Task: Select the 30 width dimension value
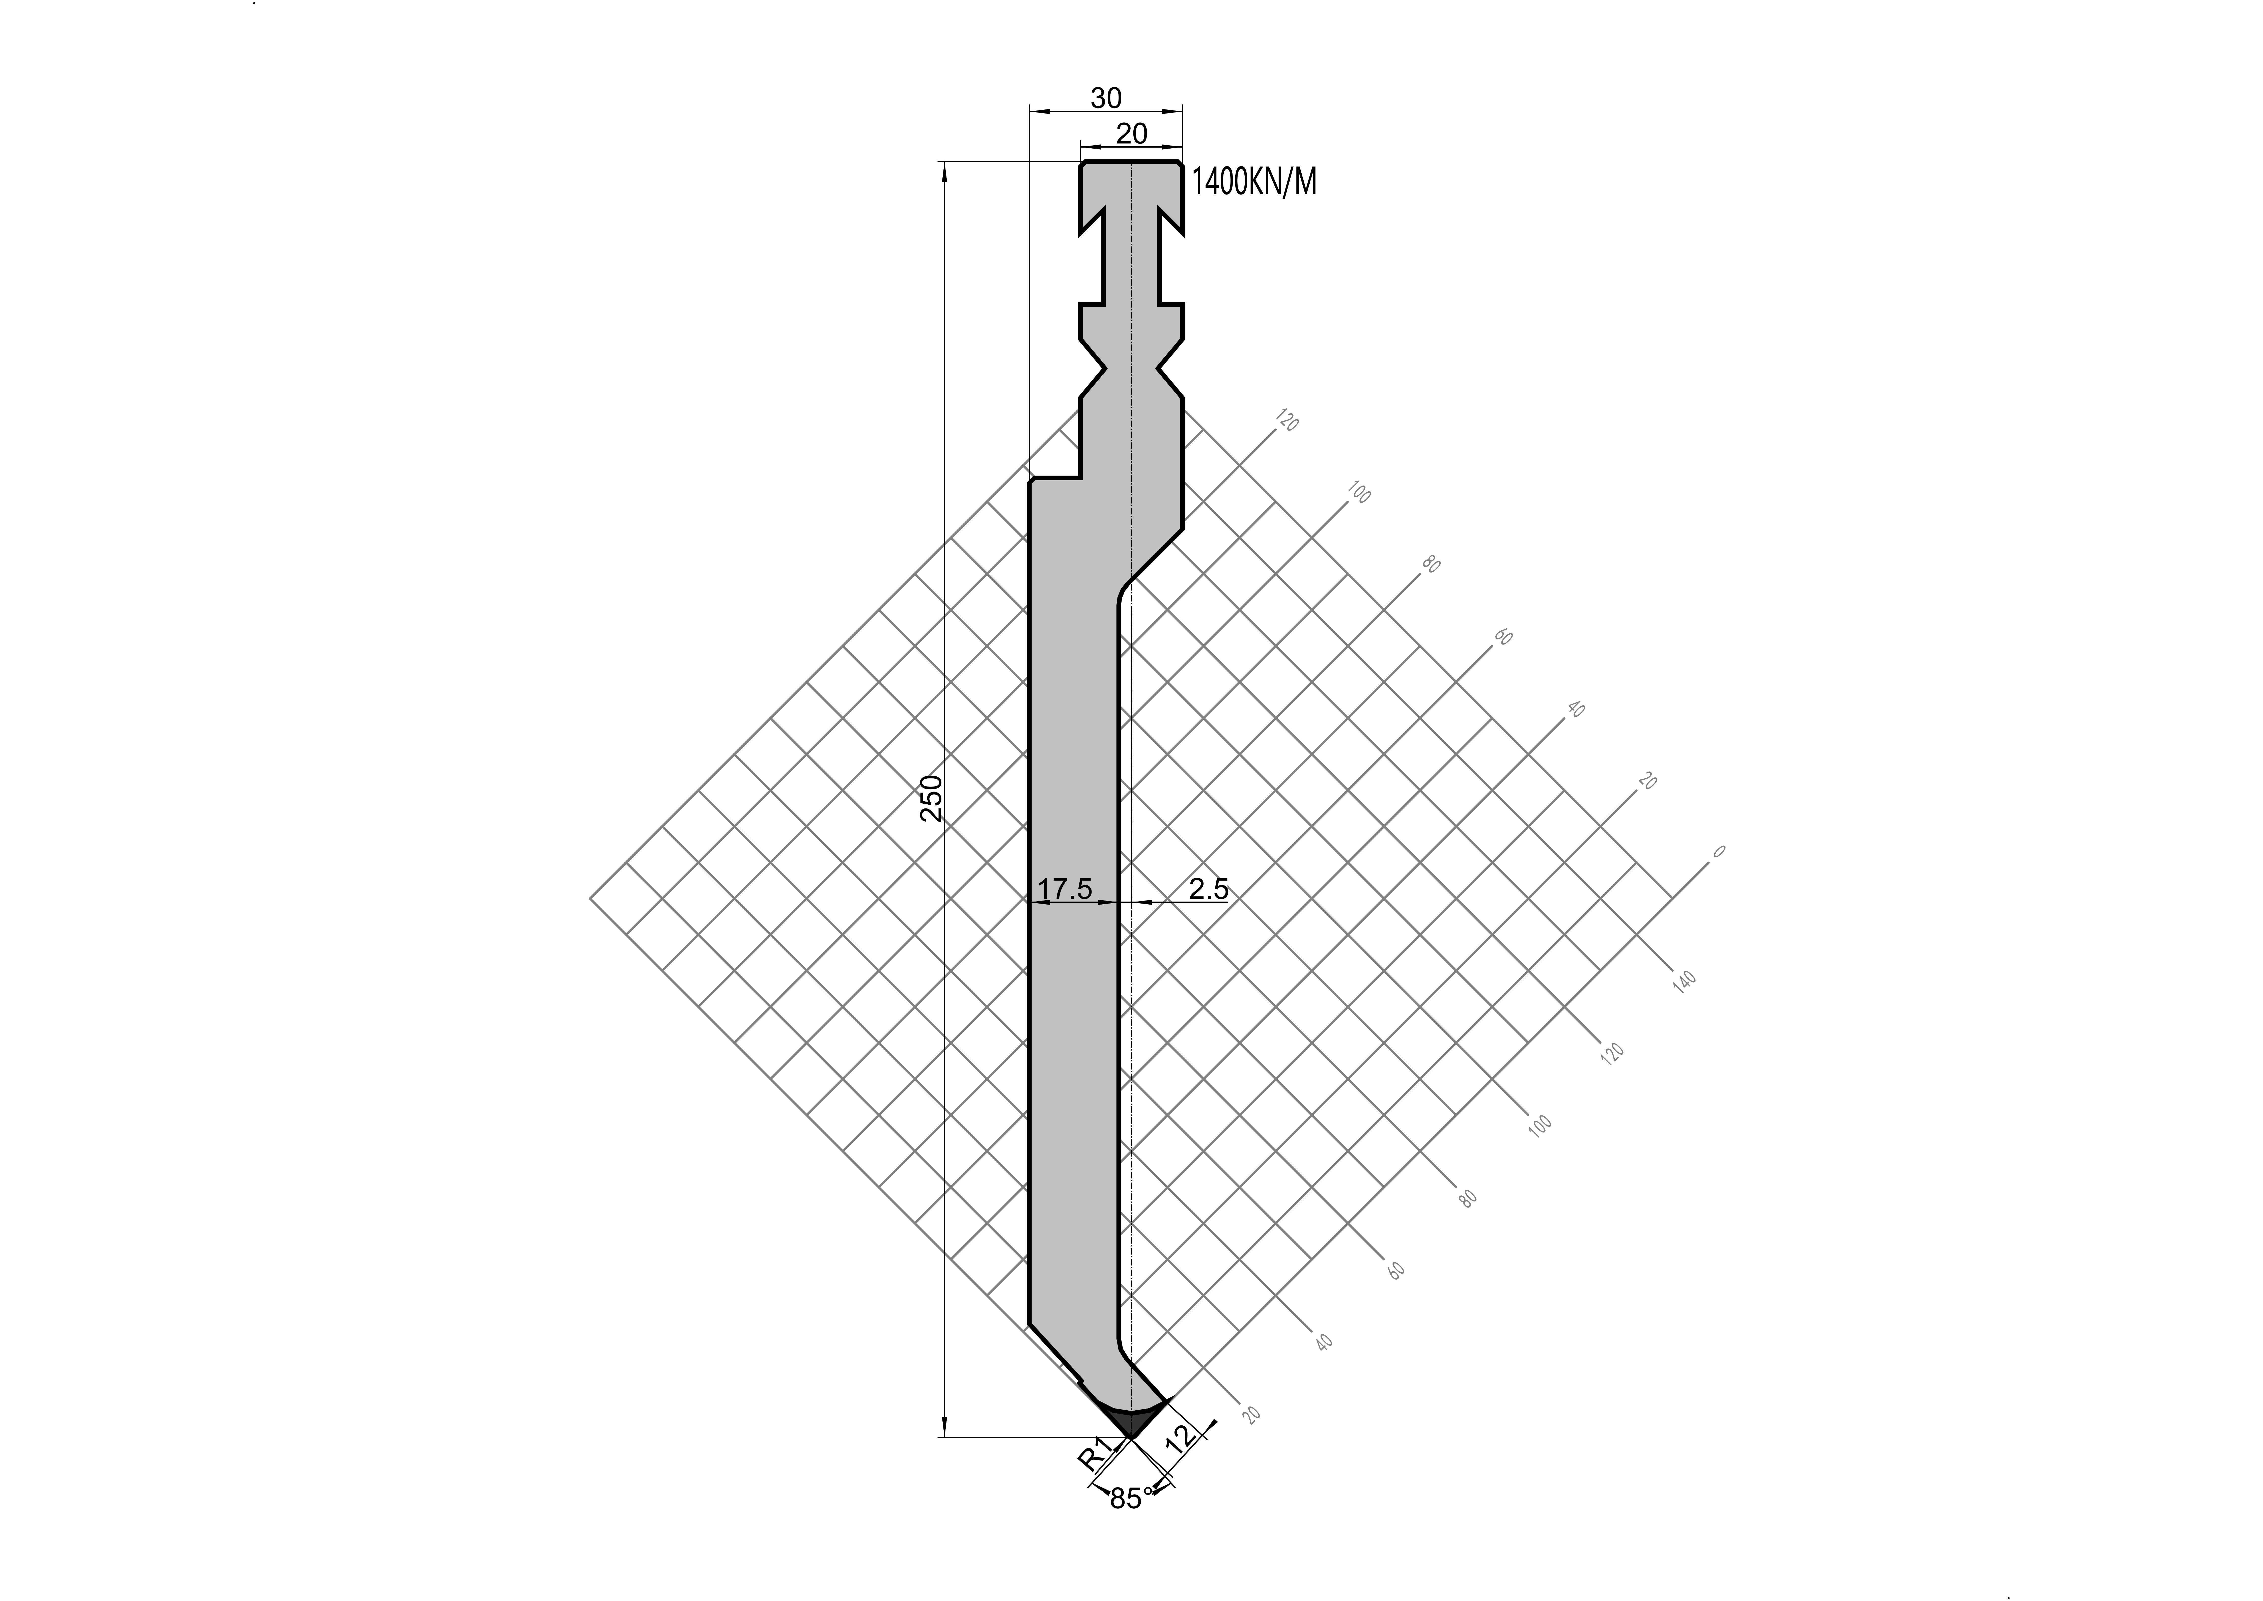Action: (1106, 98)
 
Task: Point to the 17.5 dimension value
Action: (1066, 889)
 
